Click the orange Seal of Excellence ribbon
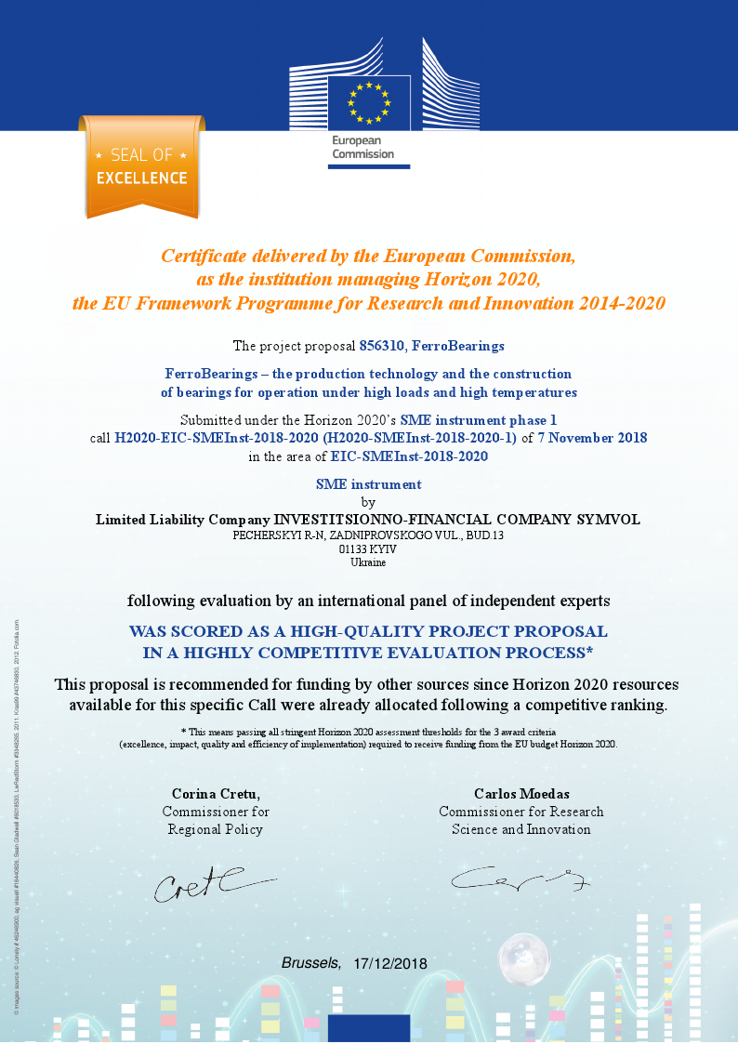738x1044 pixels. tap(141, 167)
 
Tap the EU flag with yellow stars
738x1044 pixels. tap(369, 102)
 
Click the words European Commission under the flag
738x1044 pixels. tap(363, 147)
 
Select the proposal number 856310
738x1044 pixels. tap(381, 346)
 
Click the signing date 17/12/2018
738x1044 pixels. tap(390, 963)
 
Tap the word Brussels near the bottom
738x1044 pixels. tap(310, 962)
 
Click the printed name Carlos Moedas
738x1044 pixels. tap(521, 794)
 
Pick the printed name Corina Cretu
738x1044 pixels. tap(216, 794)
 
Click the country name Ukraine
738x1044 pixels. tap(368, 562)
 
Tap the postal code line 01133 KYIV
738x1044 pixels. tap(368, 549)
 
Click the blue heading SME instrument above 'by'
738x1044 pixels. tap(368, 484)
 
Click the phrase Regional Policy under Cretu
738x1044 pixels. tap(216, 829)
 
